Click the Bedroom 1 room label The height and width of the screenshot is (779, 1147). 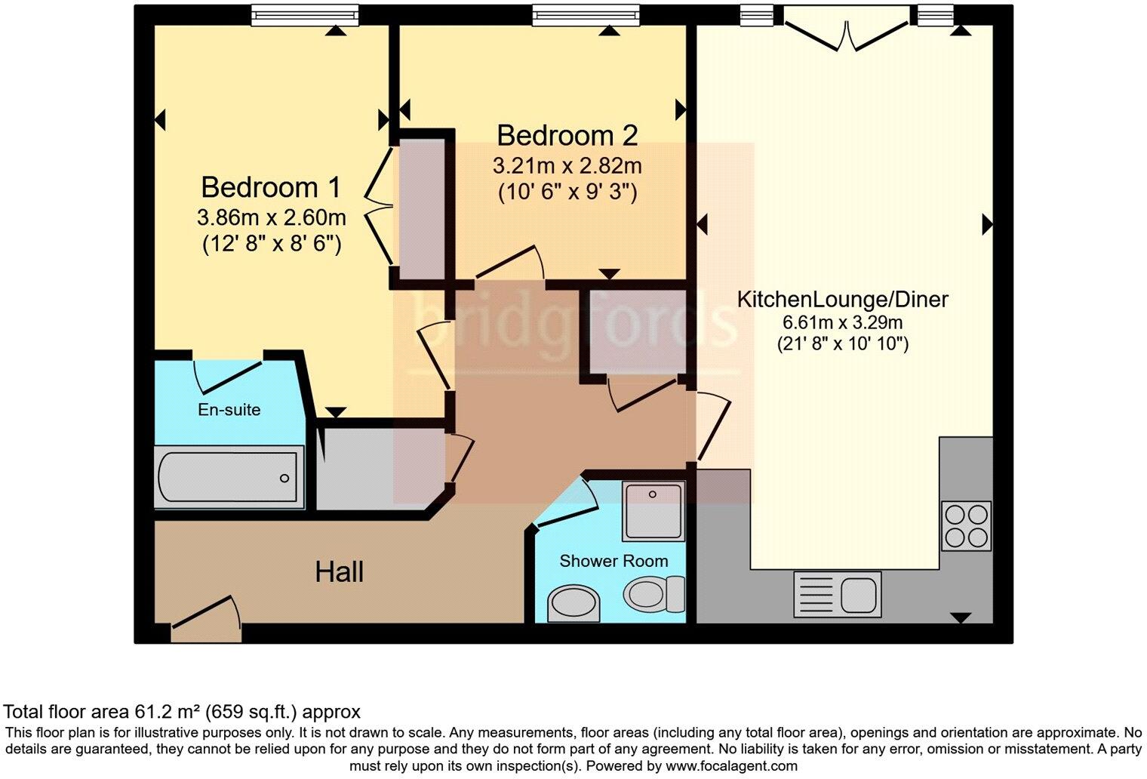(x=271, y=186)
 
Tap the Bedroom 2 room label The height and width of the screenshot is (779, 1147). (x=567, y=135)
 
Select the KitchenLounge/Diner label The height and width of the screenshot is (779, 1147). (x=842, y=299)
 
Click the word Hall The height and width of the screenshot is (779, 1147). (x=340, y=571)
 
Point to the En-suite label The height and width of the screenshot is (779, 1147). (x=229, y=410)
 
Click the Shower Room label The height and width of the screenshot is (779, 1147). (x=613, y=561)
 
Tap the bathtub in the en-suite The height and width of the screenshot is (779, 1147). (x=229, y=476)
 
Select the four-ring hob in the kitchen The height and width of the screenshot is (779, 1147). (x=967, y=525)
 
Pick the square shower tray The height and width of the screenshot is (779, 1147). (x=653, y=511)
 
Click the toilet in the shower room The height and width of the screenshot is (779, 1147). (x=654, y=593)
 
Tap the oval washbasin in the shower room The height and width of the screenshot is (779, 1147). (x=573, y=603)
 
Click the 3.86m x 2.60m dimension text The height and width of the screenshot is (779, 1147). (x=271, y=218)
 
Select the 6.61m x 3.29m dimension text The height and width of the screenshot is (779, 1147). (x=842, y=323)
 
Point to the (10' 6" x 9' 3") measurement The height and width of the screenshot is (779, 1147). (x=567, y=192)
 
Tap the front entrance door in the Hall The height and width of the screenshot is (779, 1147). (x=206, y=615)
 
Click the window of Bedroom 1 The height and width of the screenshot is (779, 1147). (x=304, y=14)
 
